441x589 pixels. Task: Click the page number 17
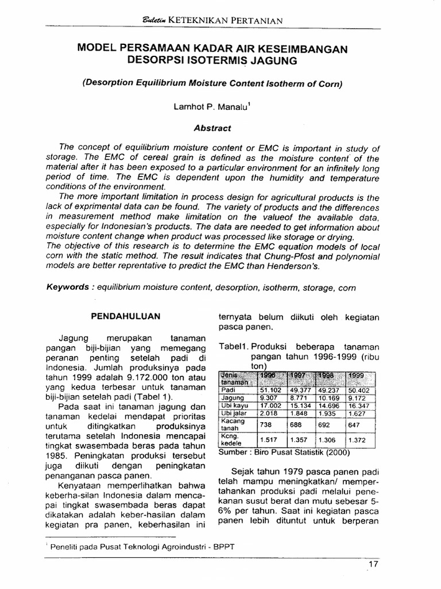coord(373,564)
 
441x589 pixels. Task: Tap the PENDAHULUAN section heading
coord(126,316)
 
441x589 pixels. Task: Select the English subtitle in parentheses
coord(212,83)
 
